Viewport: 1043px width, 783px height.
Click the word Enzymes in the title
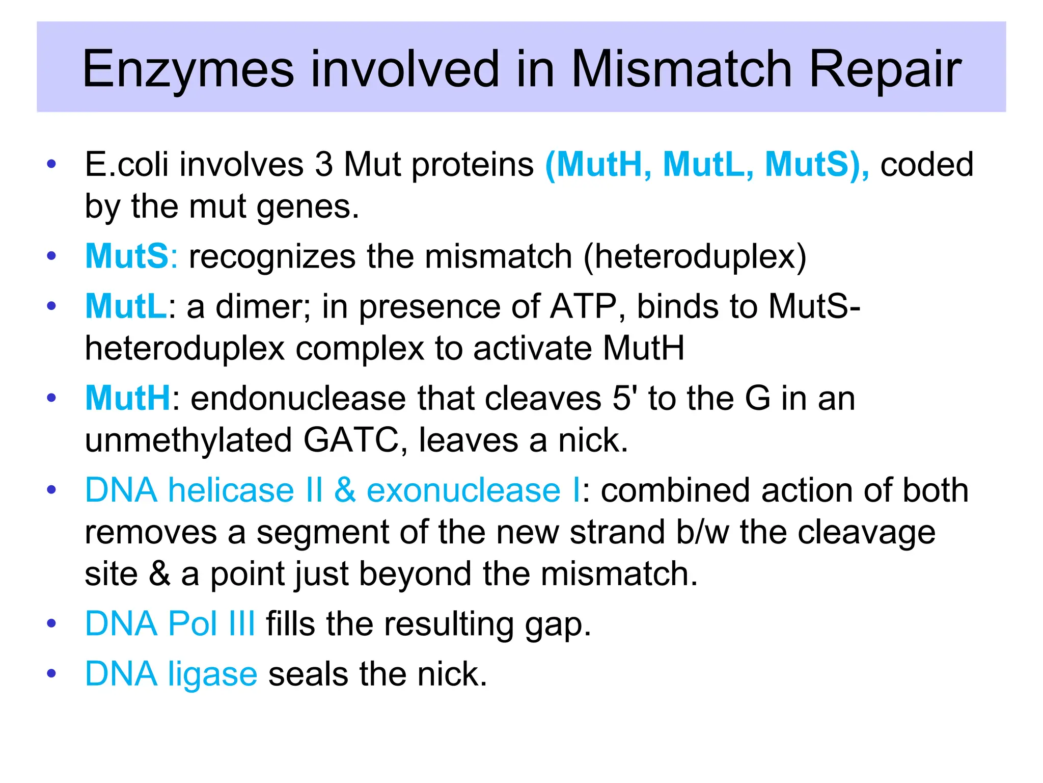click(188, 69)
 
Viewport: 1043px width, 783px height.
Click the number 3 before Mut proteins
click(324, 165)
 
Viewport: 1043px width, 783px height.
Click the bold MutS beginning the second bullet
click(126, 256)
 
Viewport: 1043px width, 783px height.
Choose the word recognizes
click(272, 256)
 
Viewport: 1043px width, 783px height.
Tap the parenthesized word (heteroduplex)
click(695, 257)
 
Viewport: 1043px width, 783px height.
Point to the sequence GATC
click(351, 440)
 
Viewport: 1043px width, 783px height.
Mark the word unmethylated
click(188, 440)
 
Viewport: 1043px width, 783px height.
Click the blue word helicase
click(231, 490)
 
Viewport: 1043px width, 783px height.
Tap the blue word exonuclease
click(463, 490)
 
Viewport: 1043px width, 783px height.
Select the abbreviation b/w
click(702, 532)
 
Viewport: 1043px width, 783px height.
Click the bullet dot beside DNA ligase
click(51, 674)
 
